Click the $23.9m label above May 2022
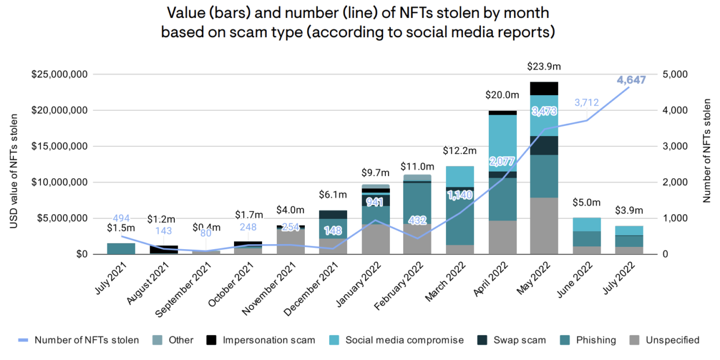point(544,66)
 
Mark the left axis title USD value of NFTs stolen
point(13,171)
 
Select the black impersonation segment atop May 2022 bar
point(544,88)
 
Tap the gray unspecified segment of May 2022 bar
point(544,226)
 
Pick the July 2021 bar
point(121,249)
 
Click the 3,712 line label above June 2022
point(587,103)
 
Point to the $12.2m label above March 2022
point(460,151)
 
